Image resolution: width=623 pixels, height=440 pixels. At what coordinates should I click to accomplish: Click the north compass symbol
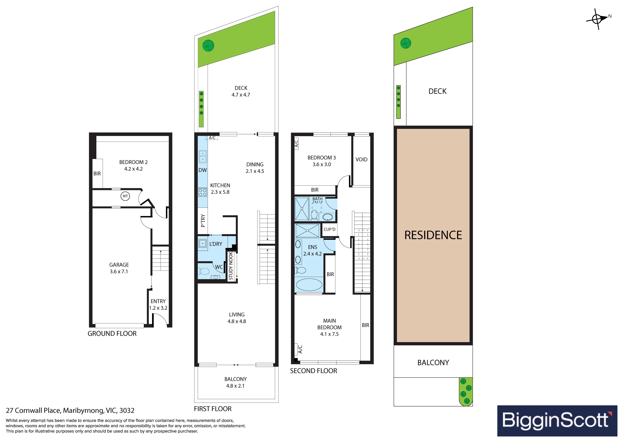tap(597, 19)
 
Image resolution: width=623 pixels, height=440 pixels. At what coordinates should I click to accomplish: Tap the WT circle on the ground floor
tap(125, 196)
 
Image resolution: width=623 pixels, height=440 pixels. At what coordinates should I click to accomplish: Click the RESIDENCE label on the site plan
tap(433, 235)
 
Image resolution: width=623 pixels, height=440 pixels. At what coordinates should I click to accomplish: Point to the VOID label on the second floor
tap(361, 160)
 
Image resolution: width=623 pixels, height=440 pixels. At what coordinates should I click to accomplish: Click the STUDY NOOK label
tap(231, 266)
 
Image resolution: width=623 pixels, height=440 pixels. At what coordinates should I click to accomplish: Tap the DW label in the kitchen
tap(203, 170)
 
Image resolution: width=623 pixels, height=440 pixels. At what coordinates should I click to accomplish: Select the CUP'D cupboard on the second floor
tap(329, 229)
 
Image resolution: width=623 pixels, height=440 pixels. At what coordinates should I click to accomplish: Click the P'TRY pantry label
tap(203, 221)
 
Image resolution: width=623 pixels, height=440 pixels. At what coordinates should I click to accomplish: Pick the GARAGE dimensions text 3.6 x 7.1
tap(119, 272)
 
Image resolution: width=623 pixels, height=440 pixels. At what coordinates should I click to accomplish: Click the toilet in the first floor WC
tap(203, 271)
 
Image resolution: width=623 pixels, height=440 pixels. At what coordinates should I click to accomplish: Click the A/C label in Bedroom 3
tap(297, 143)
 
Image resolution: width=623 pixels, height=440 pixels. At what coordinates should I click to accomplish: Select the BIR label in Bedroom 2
tap(97, 174)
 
